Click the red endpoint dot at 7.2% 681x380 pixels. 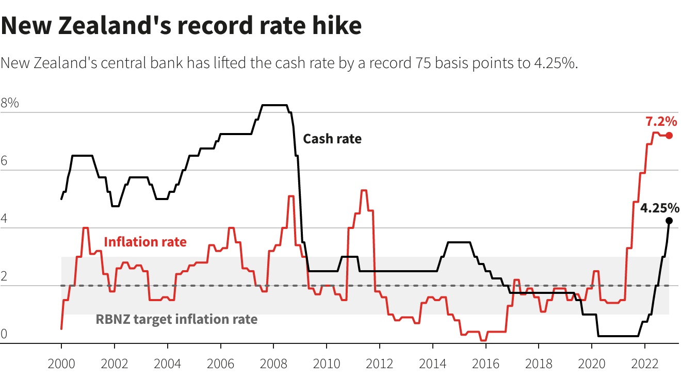[x=669, y=136]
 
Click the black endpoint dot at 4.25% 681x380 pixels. [x=669, y=221]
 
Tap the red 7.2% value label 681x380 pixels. [x=661, y=122]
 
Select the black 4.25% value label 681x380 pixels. [x=659, y=208]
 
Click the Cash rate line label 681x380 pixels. [x=332, y=139]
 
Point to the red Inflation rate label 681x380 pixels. [x=145, y=242]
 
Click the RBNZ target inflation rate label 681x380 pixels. [x=176, y=319]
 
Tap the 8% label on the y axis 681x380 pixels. [x=10, y=103]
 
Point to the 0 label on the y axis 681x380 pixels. [x=5, y=334]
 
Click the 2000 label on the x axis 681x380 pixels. [x=61, y=364]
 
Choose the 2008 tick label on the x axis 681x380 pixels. [x=273, y=364]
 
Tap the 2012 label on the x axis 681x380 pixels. [x=379, y=364]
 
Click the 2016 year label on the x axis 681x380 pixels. [x=485, y=364]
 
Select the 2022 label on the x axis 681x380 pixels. [x=644, y=364]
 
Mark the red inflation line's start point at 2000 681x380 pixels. [x=61, y=328]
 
